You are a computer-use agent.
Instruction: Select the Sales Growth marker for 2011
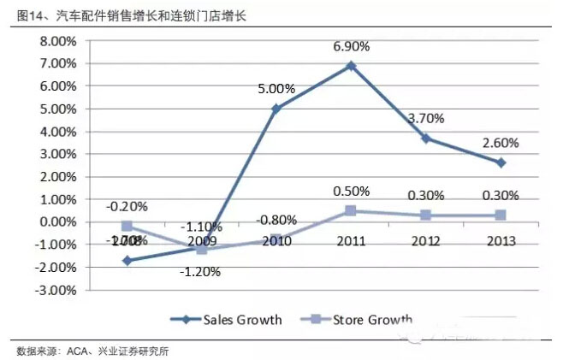point(352,66)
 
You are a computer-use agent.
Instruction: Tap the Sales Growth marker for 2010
point(276,109)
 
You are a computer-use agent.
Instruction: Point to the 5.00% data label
point(276,89)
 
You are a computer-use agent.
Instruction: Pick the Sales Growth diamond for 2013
point(501,162)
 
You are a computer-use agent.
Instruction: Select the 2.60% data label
point(501,142)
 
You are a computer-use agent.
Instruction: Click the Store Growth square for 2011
point(352,210)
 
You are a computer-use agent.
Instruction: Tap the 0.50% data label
point(352,191)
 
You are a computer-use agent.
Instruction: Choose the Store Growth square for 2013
point(501,215)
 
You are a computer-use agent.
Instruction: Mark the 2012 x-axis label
point(426,241)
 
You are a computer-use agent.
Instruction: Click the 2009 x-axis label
point(202,241)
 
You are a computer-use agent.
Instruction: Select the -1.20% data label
point(202,272)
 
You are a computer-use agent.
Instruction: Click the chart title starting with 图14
point(125,16)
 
